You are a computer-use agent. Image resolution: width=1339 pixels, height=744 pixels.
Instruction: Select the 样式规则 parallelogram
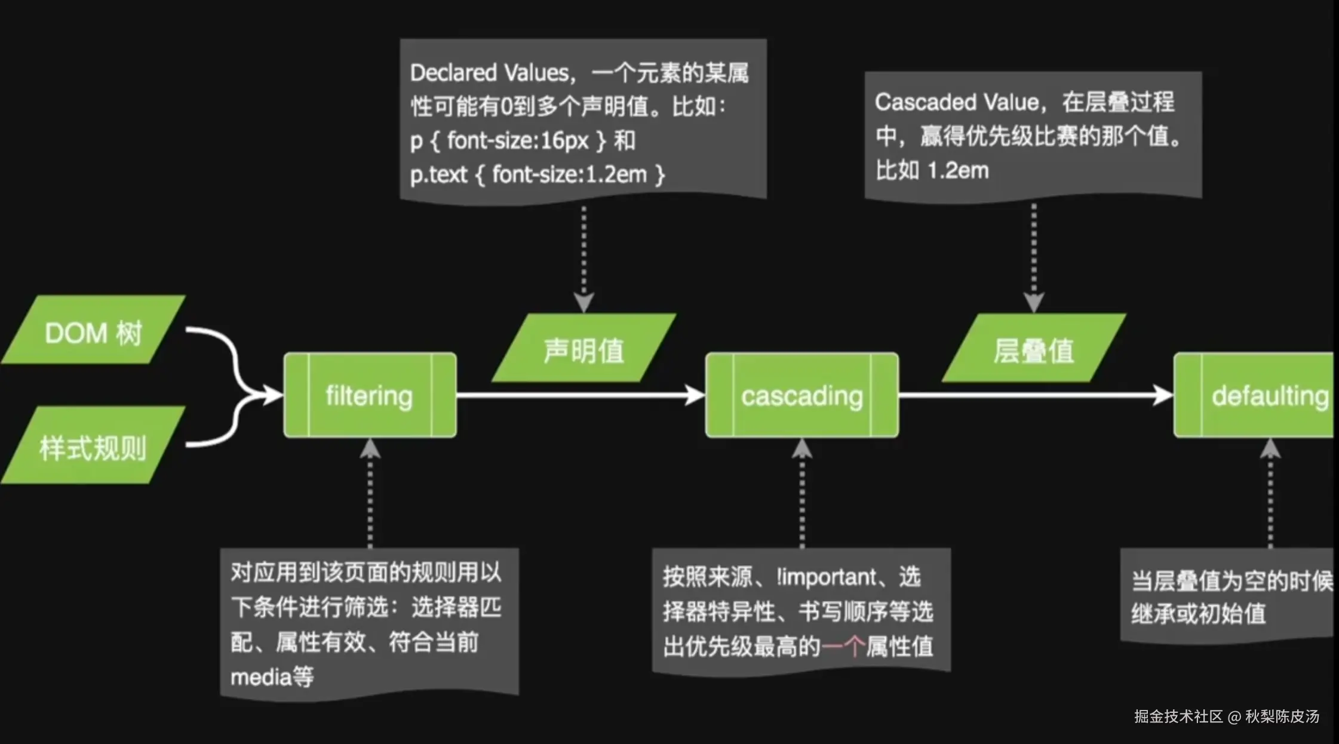[x=93, y=447]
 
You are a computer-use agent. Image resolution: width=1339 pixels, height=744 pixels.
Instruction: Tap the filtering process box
[x=370, y=395]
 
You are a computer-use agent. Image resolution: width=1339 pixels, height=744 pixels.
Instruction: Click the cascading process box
[x=801, y=395]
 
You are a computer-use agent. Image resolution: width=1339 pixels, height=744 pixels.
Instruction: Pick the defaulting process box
[x=1260, y=395]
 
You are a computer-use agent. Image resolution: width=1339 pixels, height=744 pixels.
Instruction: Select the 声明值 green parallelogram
[x=583, y=349]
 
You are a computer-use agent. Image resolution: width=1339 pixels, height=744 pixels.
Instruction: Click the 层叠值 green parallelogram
[x=1034, y=349]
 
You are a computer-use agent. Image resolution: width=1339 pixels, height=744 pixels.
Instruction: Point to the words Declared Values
[x=489, y=73]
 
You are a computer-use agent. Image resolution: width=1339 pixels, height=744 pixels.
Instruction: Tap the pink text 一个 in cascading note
[x=843, y=646]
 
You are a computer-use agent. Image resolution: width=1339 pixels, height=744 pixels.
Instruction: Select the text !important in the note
[x=827, y=577]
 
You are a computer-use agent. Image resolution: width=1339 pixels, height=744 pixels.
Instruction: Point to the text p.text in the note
[x=438, y=174]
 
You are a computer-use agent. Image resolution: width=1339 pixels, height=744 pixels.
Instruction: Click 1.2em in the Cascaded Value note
[x=958, y=171]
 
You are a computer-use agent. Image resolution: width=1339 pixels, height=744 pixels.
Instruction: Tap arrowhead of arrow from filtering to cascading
[x=695, y=395]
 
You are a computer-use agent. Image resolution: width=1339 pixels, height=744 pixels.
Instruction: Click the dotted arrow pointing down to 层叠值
[x=1034, y=257]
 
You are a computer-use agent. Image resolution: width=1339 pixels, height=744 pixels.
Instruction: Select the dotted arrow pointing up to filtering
[x=370, y=496]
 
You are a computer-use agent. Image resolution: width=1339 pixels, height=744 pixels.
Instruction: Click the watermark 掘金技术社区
[x=1178, y=716]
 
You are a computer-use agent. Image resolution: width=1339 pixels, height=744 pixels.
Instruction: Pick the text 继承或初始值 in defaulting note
[x=1198, y=614]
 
